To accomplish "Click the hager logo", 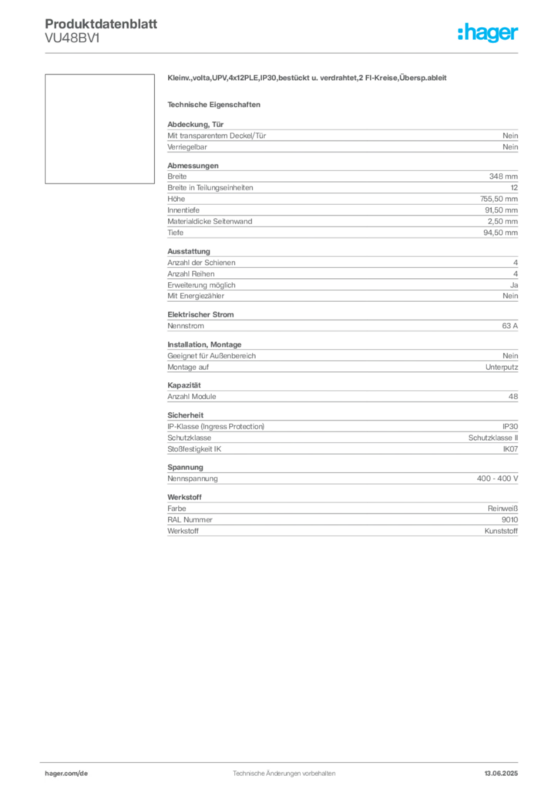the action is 487,33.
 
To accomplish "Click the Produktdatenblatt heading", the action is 101,24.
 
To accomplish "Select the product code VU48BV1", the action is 72,38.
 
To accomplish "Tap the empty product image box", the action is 99,129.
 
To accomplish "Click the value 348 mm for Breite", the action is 503,176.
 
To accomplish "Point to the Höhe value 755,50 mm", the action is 499,199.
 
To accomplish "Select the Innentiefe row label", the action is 183,210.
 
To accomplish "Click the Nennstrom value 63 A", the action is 509,326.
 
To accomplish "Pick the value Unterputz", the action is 502,368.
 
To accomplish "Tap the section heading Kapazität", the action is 184,385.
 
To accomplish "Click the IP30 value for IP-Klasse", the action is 510,427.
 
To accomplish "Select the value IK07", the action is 510,449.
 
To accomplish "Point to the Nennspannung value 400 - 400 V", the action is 497,478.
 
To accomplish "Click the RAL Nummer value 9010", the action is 509,520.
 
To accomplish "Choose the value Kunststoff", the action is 501,531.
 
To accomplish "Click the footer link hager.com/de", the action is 66,774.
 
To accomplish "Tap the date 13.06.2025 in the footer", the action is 501,774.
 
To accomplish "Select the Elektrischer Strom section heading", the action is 200,314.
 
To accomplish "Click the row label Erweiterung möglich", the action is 201,285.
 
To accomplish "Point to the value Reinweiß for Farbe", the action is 503,509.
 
